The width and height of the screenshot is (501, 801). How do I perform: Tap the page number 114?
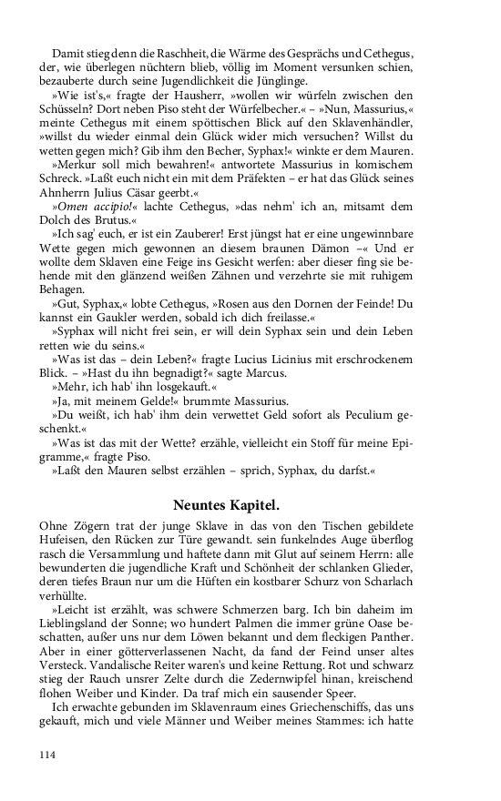click(49, 755)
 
